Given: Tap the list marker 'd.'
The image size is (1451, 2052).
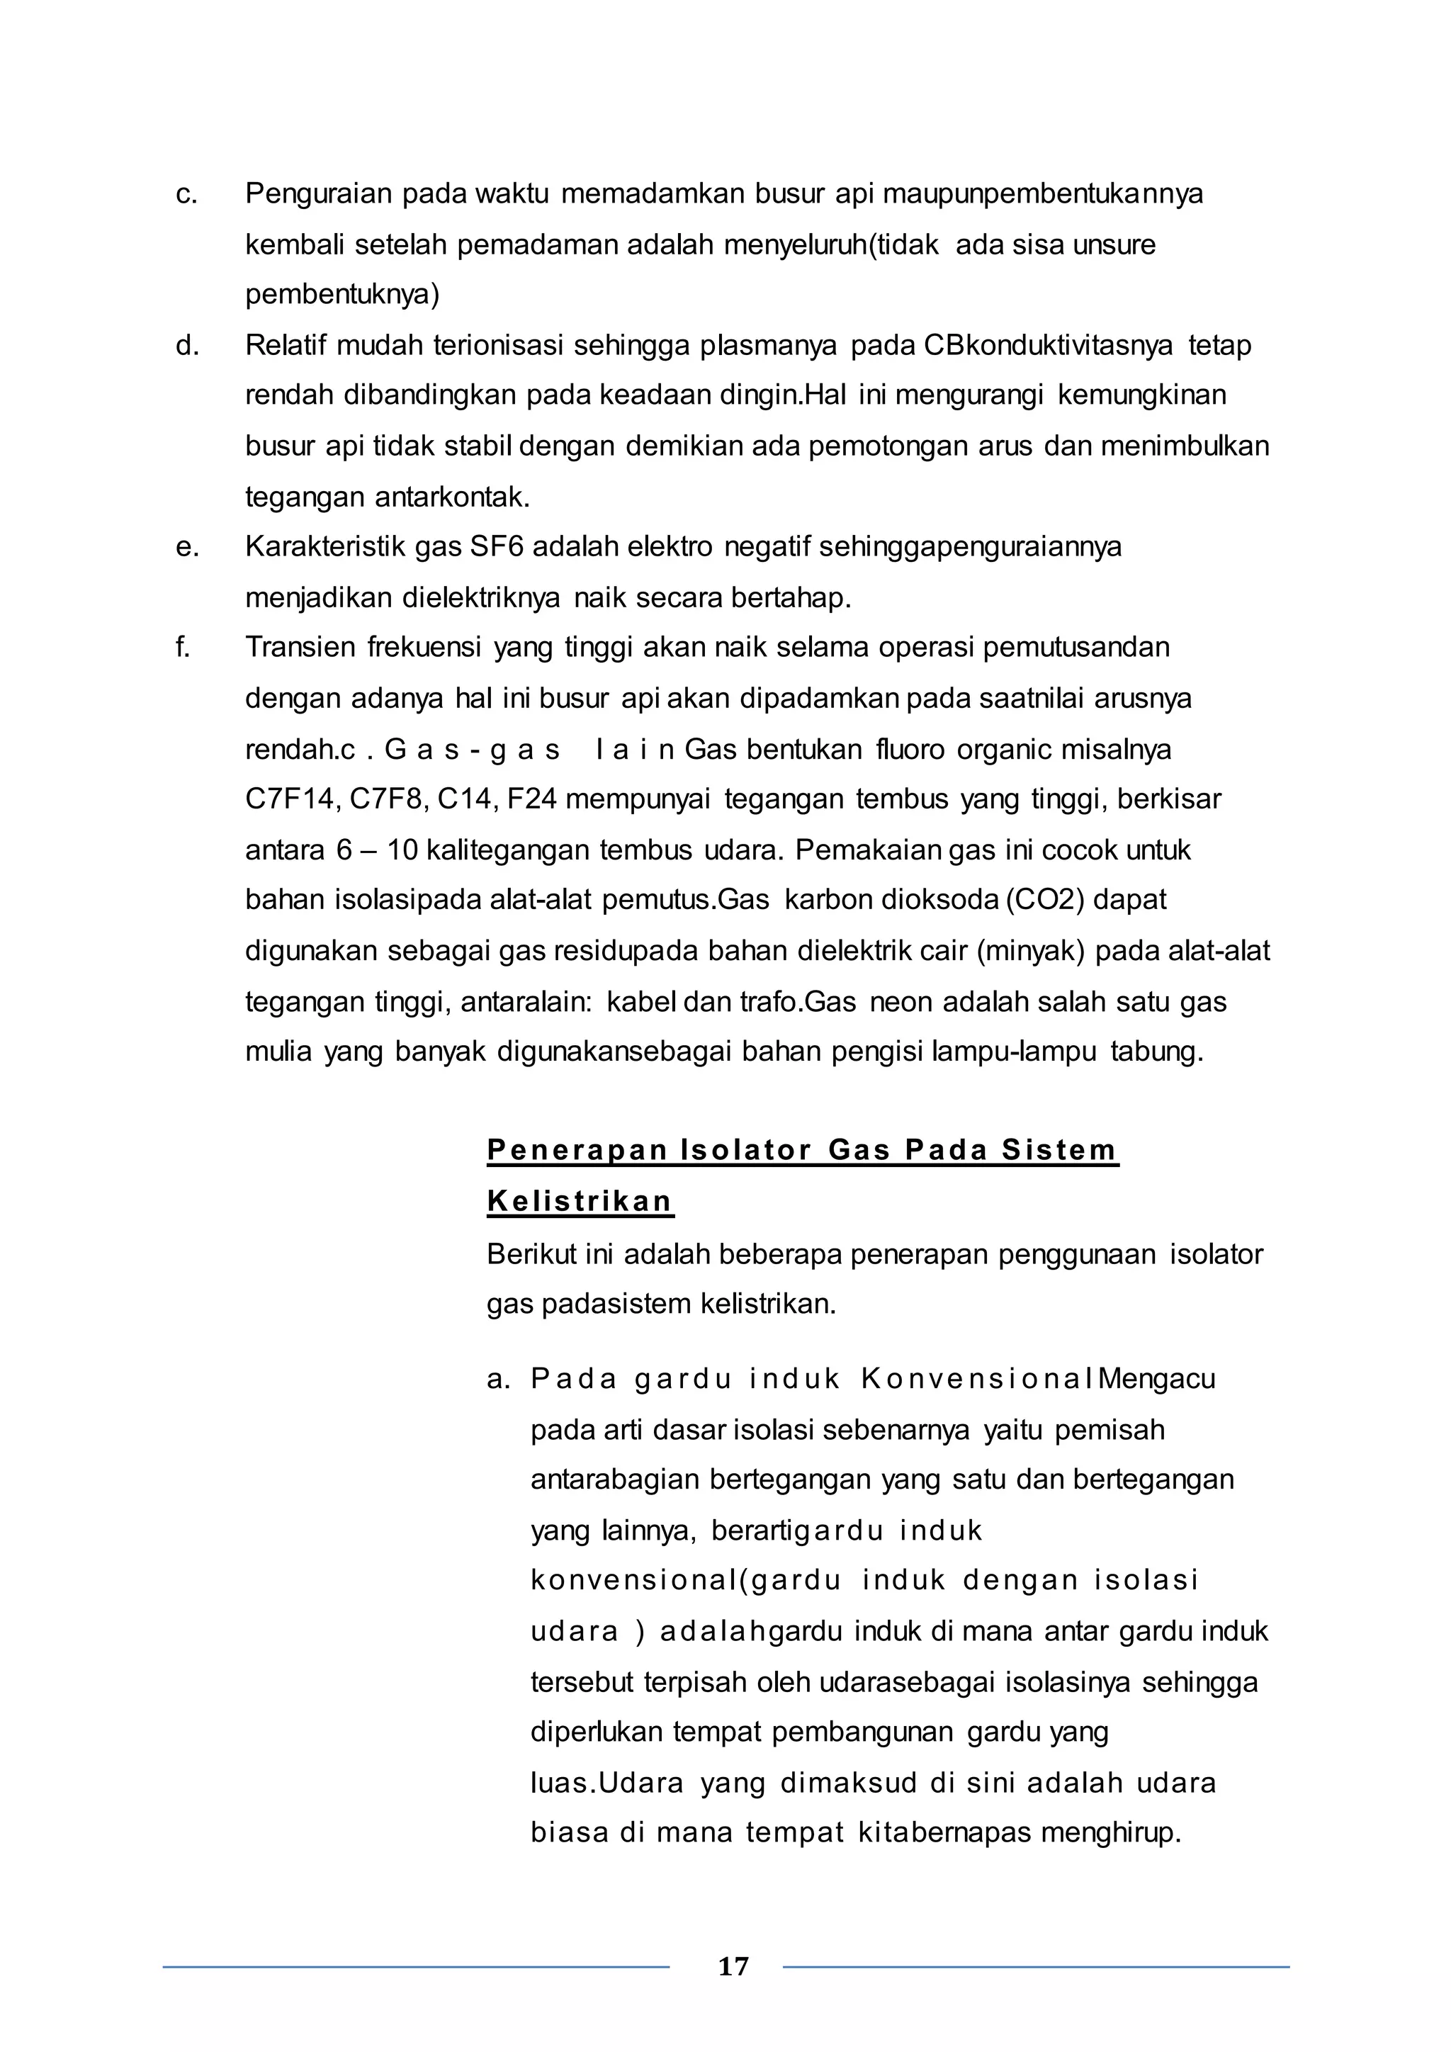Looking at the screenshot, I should coord(187,346).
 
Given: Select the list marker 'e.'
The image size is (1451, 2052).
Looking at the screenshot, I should coord(187,547).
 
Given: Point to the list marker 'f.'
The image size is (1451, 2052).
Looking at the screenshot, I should coord(184,647).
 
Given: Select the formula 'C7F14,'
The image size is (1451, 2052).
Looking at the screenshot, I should coord(292,799).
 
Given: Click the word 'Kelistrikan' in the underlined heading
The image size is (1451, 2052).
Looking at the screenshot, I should coord(580,1201).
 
